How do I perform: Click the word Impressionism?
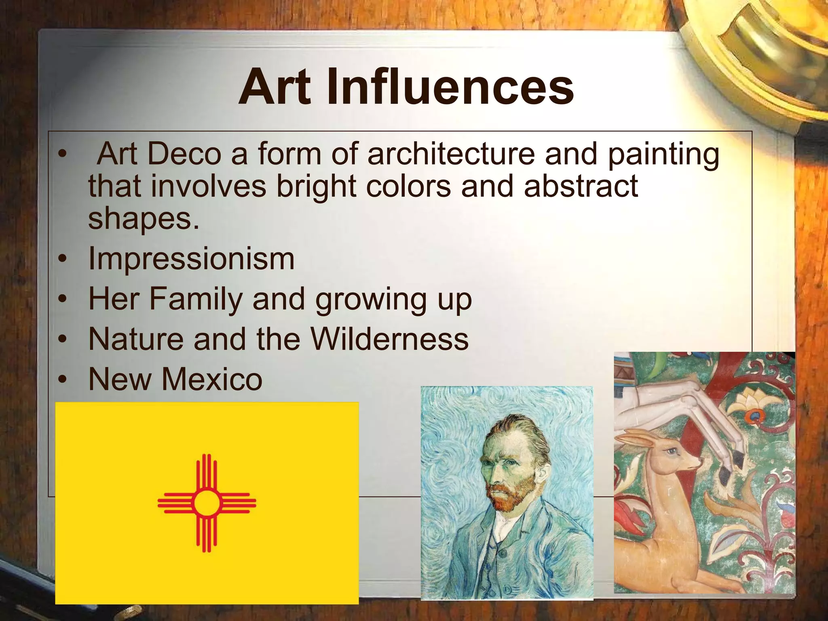coord(191,259)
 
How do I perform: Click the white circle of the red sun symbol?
coord(207,503)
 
